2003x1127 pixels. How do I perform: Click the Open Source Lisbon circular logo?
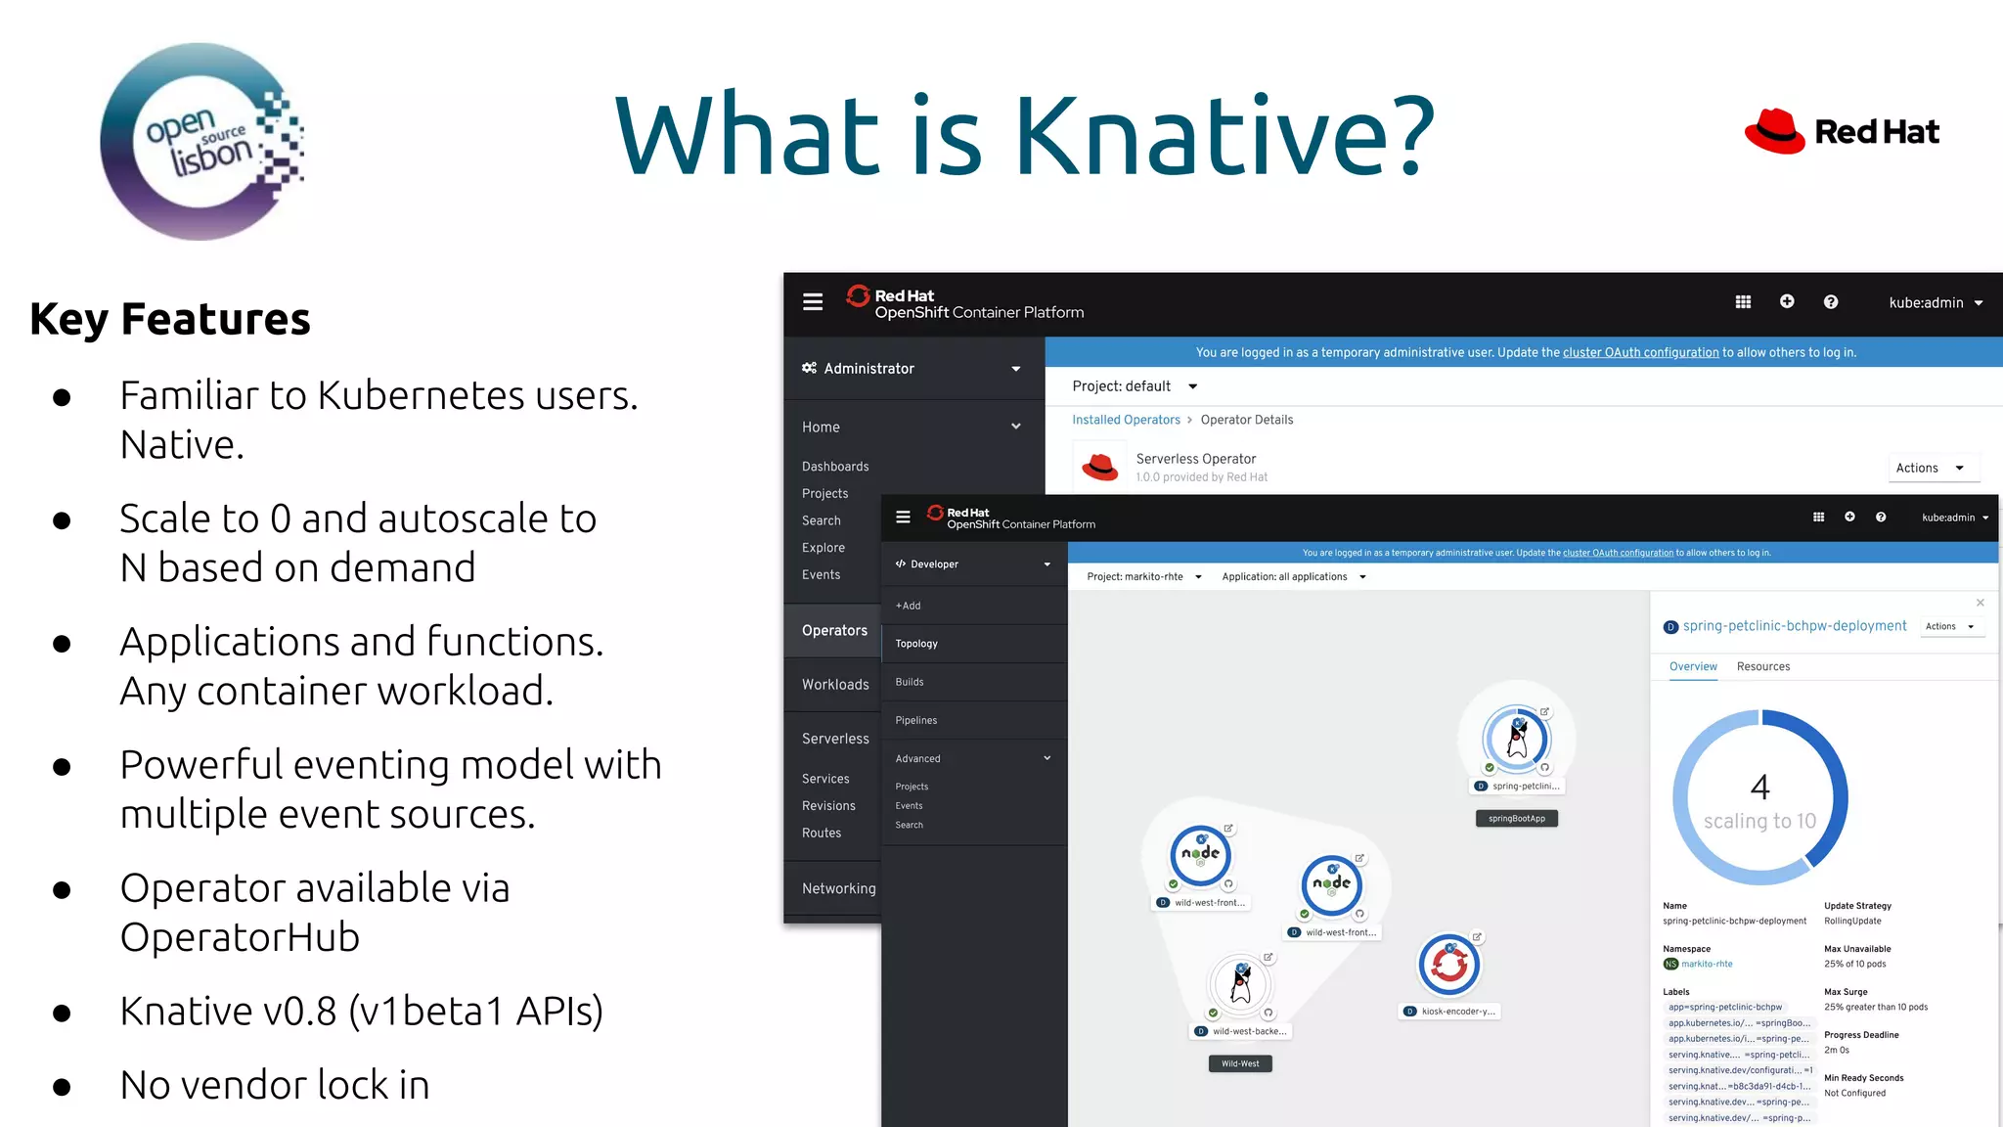click(x=200, y=142)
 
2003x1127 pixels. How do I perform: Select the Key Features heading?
click(x=170, y=319)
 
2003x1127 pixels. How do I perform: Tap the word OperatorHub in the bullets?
click(x=240, y=937)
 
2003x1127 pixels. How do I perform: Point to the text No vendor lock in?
click(x=275, y=1085)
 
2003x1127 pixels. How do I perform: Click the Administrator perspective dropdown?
click(x=912, y=369)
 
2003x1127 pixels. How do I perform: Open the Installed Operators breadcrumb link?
click(x=1126, y=420)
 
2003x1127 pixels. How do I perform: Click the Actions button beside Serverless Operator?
click(x=1929, y=468)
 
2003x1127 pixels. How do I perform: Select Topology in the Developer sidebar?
click(x=916, y=644)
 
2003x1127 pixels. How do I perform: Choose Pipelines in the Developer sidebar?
click(x=916, y=720)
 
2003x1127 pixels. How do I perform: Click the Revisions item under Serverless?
click(x=828, y=806)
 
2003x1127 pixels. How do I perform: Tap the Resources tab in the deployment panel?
click(x=1763, y=666)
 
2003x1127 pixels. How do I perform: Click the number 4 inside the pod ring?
click(x=1759, y=788)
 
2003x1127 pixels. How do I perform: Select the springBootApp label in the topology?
click(x=1516, y=819)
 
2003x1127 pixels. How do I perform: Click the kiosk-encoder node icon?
click(x=1448, y=965)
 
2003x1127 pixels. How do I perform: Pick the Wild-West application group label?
click(x=1240, y=1063)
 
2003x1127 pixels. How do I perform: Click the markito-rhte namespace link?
click(x=1707, y=964)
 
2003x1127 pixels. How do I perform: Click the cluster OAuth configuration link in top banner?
click(x=1640, y=352)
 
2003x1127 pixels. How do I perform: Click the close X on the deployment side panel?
click(x=1981, y=603)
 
